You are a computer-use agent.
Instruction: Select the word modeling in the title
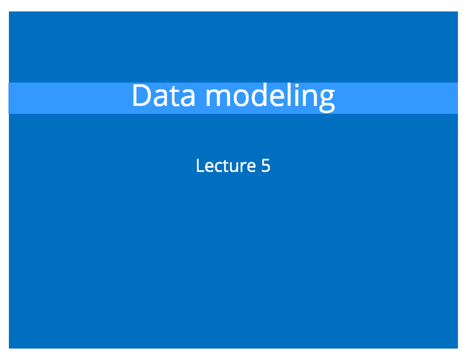click(x=270, y=97)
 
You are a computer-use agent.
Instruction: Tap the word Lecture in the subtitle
click(x=226, y=166)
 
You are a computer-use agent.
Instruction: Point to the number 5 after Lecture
click(x=266, y=166)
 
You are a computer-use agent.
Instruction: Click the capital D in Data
click(x=141, y=96)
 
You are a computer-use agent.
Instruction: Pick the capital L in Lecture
click(x=200, y=166)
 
